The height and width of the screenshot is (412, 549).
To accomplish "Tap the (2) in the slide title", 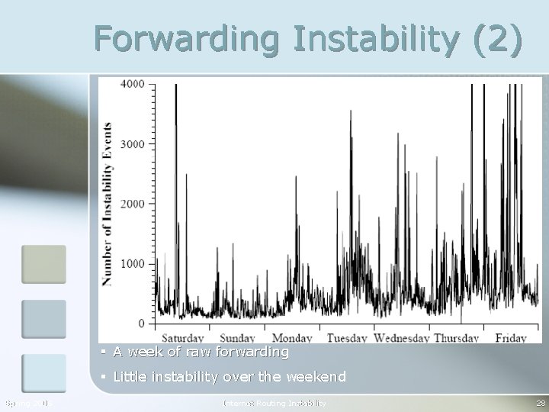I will pos(497,39).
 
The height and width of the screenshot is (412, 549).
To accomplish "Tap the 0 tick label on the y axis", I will pos(141,324).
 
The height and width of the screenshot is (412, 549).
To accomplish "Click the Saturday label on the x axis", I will pos(183,338).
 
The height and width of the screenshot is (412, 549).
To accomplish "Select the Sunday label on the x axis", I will pos(237,338).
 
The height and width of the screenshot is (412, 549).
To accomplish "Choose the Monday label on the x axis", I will pos(292,338).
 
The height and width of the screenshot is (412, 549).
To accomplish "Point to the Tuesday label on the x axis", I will pos(347,338).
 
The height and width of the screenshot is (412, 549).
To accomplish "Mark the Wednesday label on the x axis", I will pos(400,338).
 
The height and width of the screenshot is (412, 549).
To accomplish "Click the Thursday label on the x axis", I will pos(456,338).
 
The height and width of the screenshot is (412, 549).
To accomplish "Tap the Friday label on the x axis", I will pos(510,338).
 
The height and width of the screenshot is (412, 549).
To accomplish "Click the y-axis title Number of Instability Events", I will pos(108,204).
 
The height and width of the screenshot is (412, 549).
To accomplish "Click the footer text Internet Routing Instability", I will pos(274,403).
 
